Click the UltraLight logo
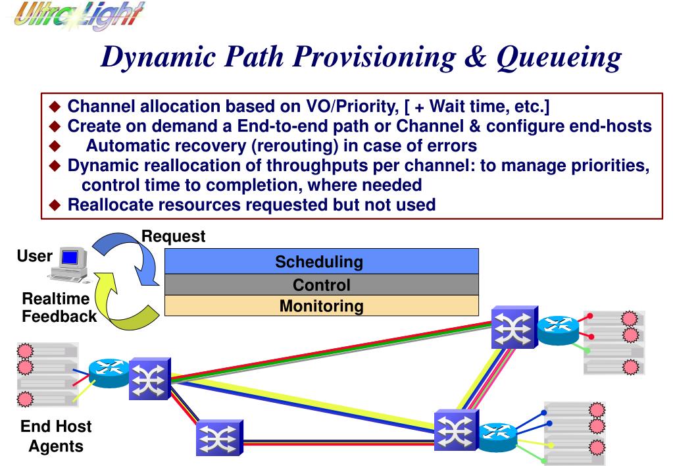[79, 15]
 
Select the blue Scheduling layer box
[322, 261]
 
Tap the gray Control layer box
[322, 284]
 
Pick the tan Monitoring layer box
[322, 306]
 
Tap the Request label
[174, 236]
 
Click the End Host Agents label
[56, 436]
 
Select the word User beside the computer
[34, 256]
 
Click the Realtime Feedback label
[59, 307]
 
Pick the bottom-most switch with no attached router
[220, 438]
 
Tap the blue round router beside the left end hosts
[109, 373]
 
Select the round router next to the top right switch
[558, 330]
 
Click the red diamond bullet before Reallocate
[55, 205]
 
